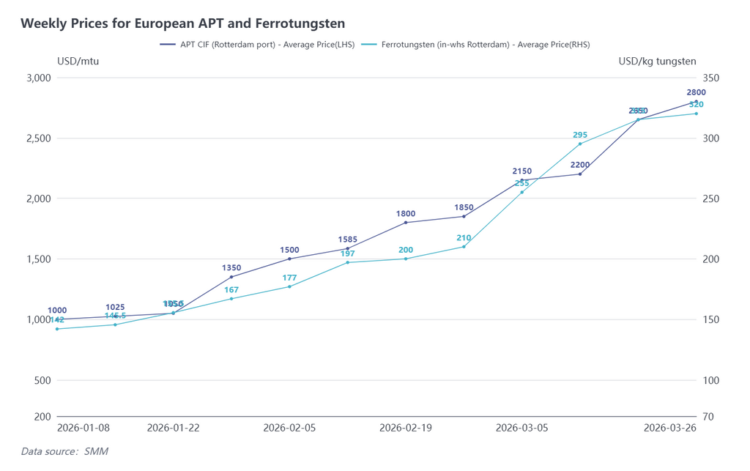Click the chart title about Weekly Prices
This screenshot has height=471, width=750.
[182, 24]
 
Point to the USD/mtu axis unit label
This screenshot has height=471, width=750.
[78, 62]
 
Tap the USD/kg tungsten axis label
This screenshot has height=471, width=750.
[657, 62]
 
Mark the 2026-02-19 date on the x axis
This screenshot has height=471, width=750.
[406, 428]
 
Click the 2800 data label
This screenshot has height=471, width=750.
[696, 92]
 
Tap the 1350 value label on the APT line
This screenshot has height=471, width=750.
[231, 268]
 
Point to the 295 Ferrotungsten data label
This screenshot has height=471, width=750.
[580, 135]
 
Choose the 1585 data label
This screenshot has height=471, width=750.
[348, 240]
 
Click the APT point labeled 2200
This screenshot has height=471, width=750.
[580, 174]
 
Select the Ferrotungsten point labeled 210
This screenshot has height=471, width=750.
[464, 246]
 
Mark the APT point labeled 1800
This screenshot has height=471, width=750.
[406, 223]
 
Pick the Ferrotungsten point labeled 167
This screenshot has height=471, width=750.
[231, 299]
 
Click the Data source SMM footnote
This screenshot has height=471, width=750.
[64, 451]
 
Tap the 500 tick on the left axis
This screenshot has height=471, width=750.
[42, 380]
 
